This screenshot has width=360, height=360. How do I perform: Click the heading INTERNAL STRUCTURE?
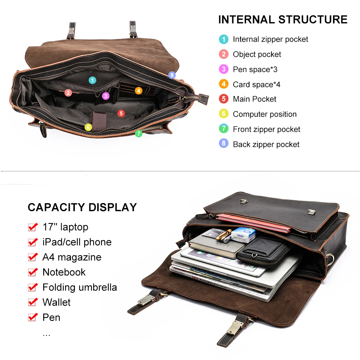(x=283, y=19)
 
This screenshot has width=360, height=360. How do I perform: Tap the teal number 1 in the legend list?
(x=224, y=39)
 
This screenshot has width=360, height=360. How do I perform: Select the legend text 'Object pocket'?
(x=257, y=54)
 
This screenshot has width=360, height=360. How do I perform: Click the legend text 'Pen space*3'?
(x=255, y=69)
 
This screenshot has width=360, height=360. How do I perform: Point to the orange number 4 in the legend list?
(x=224, y=84)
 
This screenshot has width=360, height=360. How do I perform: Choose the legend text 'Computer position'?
(x=265, y=114)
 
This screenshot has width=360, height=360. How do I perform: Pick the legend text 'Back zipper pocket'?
(x=266, y=144)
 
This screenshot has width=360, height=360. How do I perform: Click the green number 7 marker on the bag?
(x=139, y=133)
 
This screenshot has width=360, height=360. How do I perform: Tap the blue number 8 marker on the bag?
(x=172, y=75)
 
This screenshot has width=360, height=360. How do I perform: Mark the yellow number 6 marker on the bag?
(x=88, y=127)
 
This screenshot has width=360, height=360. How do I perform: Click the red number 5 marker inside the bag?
(x=121, y=113)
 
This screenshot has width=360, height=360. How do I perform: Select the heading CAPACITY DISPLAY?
(x=82, y=207)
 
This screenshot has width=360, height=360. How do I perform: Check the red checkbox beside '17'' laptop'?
(x=33, y=227)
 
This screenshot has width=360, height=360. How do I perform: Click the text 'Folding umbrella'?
(x=80, y=287)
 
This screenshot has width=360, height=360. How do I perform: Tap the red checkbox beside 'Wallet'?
(x=33, y=302)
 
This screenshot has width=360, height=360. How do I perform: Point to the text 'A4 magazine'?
(x=72, y=257)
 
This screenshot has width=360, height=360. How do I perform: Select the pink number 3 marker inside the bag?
(x=105, y=96)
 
